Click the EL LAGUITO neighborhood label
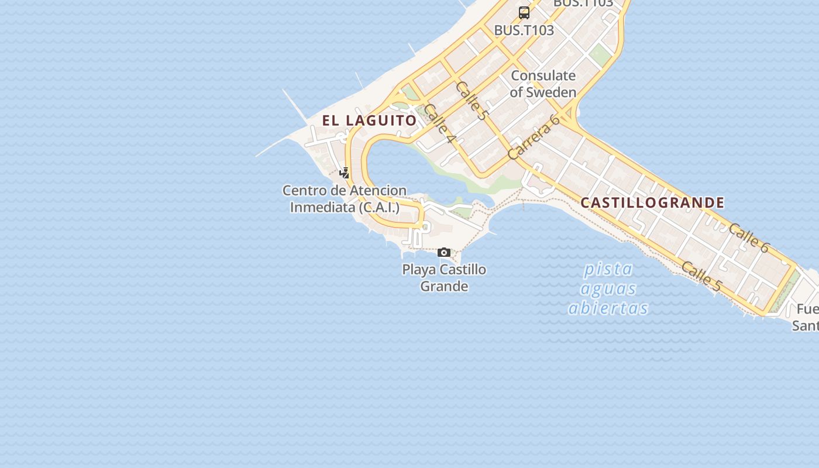click(x=369, y=121)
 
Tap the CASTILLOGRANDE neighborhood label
click(x=652, y=203)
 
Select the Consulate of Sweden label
click(x=543, y=84)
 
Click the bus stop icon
click(x=524, y=12)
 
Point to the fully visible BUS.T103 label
click(x=524, y=30)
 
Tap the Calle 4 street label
click(x=440, y=123)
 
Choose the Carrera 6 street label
click(x=534, y=137)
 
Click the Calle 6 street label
click(x=749, y=238)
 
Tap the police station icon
click(x=345, y=173)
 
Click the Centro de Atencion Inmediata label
click(x=345, y=199)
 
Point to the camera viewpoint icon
click(x=444, y=253)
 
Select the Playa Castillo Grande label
click(x=444, y=278)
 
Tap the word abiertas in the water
click(x=608, y=308)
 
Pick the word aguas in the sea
click(x=608, y=288)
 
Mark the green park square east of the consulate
click(x=599, y=56)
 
